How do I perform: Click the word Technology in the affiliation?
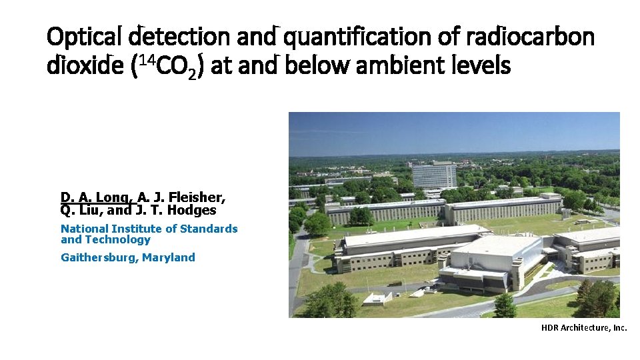[117, 240]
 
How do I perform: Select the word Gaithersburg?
[99, 257]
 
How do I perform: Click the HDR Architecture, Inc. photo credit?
[584, 327]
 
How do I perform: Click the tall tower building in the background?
[434, 175]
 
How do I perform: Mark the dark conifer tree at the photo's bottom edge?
[505, 306]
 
